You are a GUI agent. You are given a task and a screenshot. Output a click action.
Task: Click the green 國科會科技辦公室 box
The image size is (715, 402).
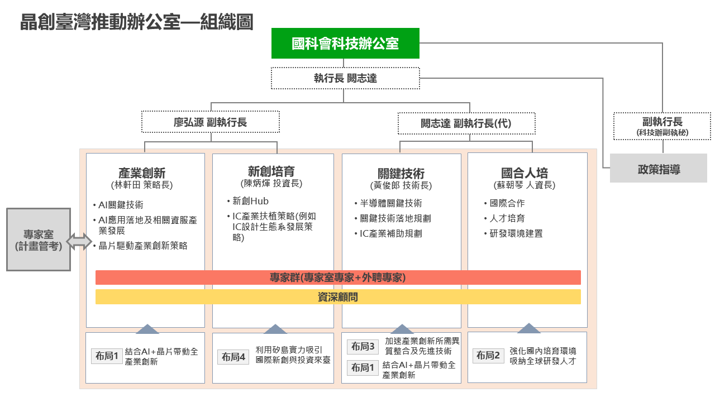345,43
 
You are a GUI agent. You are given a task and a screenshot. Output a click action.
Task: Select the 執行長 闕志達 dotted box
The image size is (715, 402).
345,78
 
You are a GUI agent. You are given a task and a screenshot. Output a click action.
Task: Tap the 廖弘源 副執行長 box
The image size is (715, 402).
210,122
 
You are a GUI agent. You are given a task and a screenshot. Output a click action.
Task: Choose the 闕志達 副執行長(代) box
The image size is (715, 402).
466,123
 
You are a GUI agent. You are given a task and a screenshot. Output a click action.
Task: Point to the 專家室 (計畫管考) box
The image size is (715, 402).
39,240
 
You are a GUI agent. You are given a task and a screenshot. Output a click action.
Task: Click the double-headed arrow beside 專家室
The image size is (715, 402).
79,241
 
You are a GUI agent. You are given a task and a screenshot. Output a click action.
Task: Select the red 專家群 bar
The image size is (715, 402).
338,277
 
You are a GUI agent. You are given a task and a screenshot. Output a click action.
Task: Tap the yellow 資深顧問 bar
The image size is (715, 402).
338,297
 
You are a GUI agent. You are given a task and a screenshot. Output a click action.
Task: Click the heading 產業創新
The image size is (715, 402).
142,173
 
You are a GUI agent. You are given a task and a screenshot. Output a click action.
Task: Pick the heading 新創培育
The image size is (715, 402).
271,171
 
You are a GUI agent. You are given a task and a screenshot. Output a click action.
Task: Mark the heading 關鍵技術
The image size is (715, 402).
401,174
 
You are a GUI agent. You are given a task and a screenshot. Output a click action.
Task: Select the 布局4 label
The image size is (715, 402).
233,357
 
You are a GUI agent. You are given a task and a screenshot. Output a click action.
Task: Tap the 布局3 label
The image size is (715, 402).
363,347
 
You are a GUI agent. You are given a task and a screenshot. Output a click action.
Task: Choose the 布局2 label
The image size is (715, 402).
488,355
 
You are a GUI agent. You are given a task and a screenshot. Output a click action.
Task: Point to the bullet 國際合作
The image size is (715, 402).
507,203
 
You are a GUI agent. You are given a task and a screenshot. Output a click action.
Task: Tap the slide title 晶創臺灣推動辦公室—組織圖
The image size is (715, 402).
136,22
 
